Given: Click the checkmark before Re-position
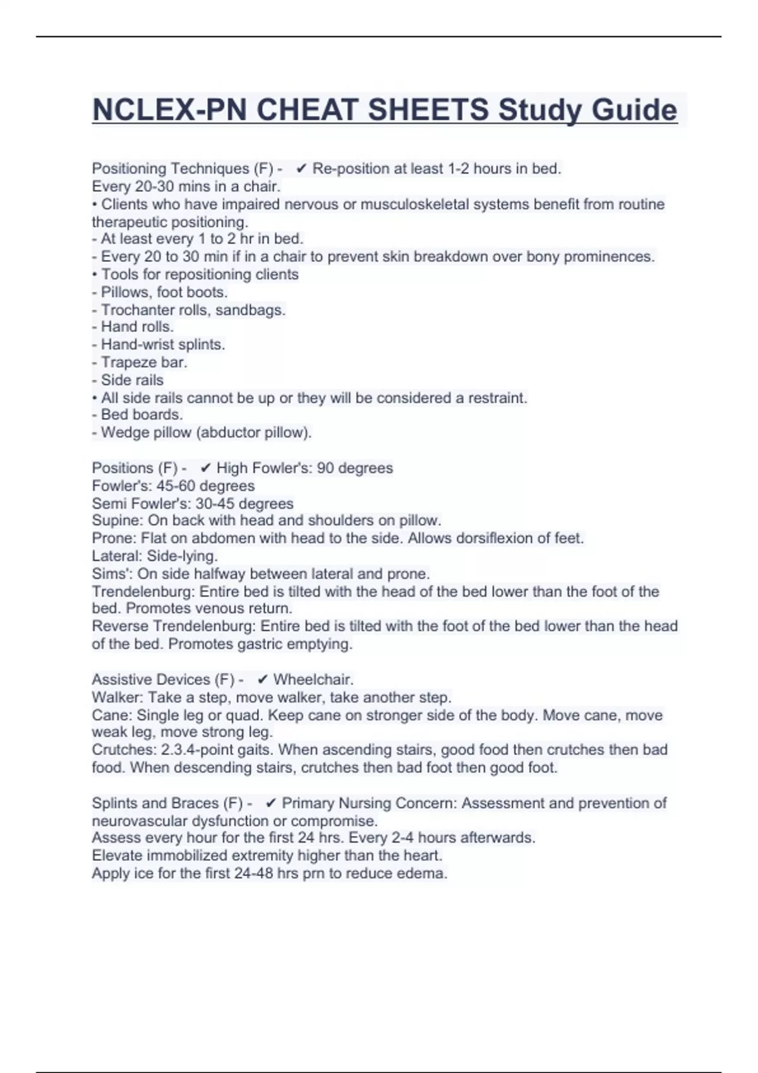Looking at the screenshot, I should [301, 169].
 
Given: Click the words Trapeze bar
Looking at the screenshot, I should [144, 362].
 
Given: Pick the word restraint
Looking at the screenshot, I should [496, 398].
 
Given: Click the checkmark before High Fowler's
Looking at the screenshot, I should [205, 468].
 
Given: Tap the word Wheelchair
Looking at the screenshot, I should [313, 679].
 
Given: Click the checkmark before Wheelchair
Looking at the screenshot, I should [263, 679].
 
